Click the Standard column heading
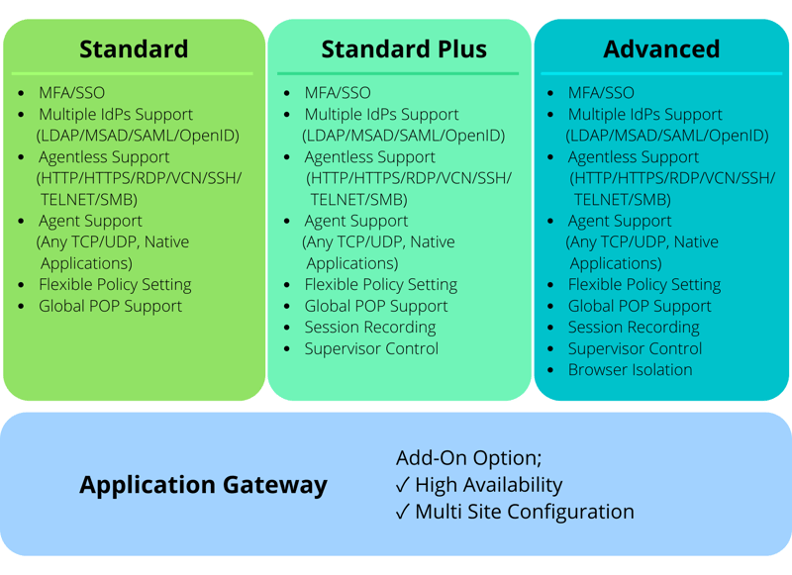134,48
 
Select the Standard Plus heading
404,48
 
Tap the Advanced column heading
661,48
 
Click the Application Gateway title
203,485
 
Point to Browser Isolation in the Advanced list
630,370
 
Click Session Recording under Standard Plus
369,327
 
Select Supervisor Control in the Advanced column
635,348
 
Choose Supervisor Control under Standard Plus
371,348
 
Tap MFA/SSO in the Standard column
71,93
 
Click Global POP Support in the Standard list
110,306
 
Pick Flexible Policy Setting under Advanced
643,285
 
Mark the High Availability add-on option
489,485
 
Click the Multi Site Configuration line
525,512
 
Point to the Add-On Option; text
469,458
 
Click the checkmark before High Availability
403,485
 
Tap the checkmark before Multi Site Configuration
403,512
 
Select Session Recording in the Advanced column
633,328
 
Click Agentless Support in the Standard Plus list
369,157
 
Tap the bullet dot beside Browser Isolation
551,371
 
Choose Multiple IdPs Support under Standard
116,115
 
